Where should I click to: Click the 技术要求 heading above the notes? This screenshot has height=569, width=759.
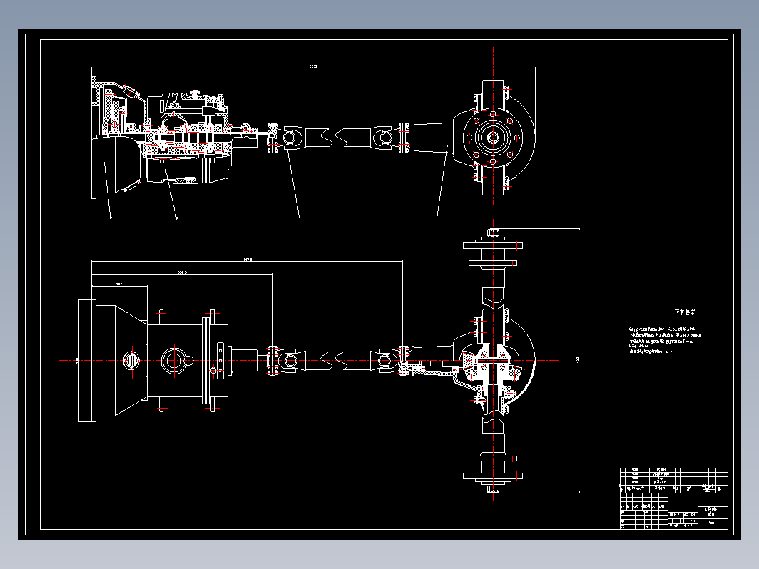[x=685, y=312]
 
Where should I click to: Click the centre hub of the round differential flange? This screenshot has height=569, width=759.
[x=491, y=136]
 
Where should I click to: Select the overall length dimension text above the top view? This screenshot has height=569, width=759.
[x=312, y=66]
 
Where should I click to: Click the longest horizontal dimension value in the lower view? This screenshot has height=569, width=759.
[x=247, y=260]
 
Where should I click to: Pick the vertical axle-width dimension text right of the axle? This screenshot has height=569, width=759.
[x=577, y=361]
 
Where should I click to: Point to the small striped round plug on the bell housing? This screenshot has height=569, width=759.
[x=131, y=361]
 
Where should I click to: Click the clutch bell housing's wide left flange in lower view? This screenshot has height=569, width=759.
[x=86, y=360]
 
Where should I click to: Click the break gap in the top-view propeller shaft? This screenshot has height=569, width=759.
[x=335, y=136]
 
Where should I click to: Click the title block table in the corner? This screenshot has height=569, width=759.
[x=673, y=498]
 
